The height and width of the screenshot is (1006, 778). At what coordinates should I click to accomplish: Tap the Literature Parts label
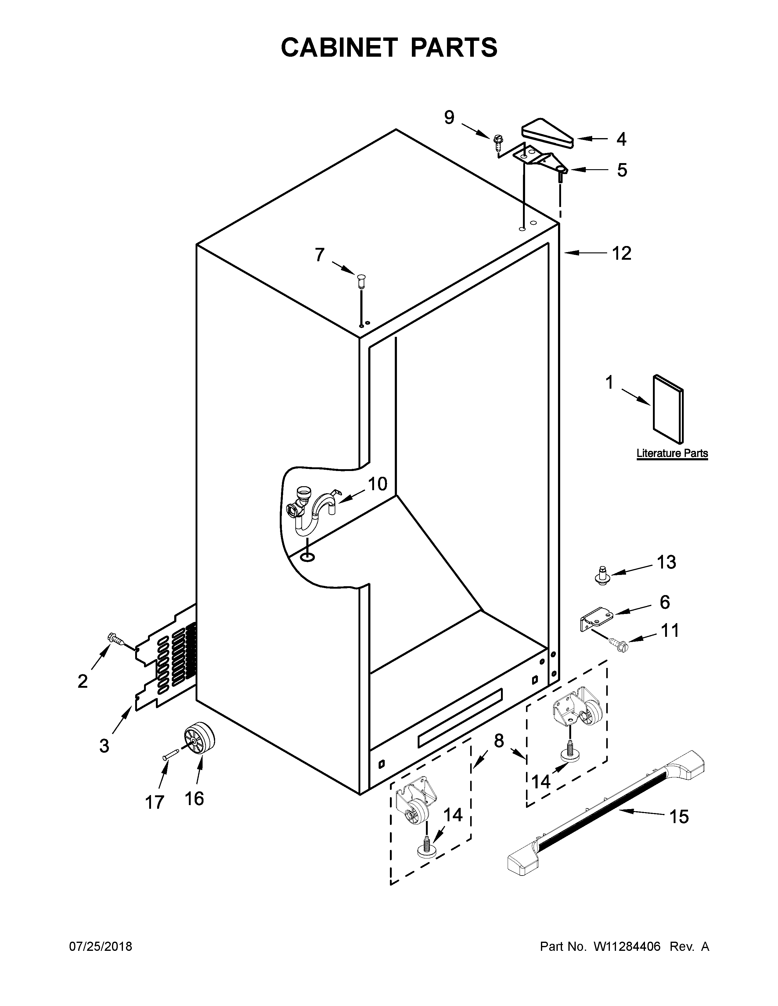point(672,453)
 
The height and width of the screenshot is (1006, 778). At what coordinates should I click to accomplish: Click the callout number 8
point(499,741)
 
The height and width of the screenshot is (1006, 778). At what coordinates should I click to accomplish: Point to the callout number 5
point(622,170)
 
